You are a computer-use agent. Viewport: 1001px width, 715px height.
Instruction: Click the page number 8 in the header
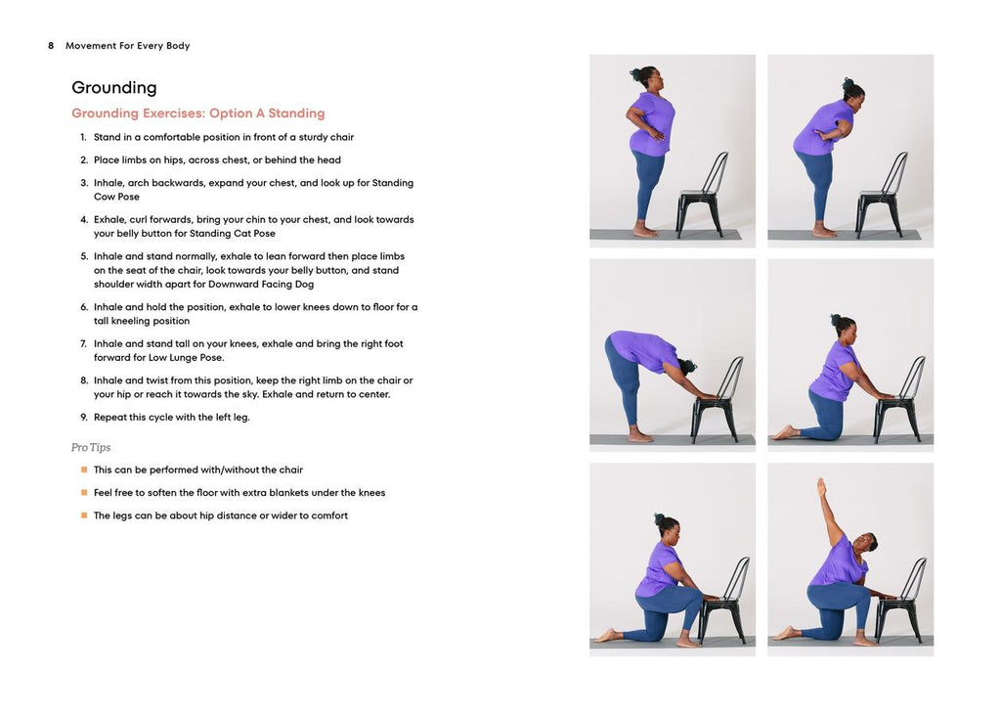pyautogui.click(x=51, y=45)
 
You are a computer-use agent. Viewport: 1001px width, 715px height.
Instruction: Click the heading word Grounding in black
pyautogui.click(x=113, y=87)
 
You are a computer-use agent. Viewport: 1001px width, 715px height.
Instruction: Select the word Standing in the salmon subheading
pyautogui.click(x=296, y=113)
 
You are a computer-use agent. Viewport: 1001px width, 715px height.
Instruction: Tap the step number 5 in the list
pyautogui.click(x=84, y=256)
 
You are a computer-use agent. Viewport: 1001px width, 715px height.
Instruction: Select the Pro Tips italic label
pyautogui.click(x=91, y=447)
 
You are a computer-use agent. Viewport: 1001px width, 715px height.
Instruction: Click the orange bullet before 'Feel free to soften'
pyautogui.click(x=84, y=493)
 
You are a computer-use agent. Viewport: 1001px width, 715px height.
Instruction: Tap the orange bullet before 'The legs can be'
pyautogui.click(x=84, y=515)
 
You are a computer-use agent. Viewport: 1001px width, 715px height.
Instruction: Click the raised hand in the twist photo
pyautogui.click(x=821, y=487)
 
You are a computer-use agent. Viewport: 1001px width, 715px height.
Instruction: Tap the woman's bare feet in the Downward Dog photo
pyautogui.click(x=640, y=436)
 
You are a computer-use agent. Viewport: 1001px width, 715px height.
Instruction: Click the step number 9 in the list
pyautogui.click(x=84, y=418)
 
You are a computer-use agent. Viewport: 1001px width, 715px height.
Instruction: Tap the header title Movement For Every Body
pyautogui.click(x=128, y=45)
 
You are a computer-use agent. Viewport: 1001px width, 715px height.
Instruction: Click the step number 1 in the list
pyautogui.click(x=84, y=137)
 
